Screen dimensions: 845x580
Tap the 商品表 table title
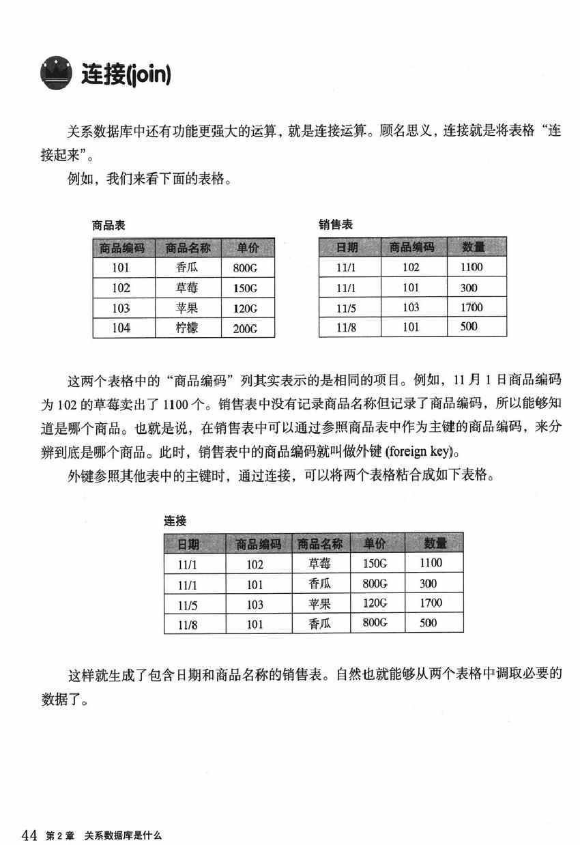[108, 225]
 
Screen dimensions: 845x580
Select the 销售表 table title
[336, 225]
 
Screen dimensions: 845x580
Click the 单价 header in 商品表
[248, 248]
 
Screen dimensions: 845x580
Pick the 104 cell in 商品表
[121, 328]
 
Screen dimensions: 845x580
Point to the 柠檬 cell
[186, 328]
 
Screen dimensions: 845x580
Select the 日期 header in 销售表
[347, 247]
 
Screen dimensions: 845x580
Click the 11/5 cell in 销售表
[347, 308]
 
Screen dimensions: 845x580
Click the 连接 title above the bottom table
[175, 521]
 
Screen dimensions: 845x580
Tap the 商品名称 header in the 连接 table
[320, 544]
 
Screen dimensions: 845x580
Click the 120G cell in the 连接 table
[375, 603]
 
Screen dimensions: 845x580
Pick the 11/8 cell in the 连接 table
[187, 624]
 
